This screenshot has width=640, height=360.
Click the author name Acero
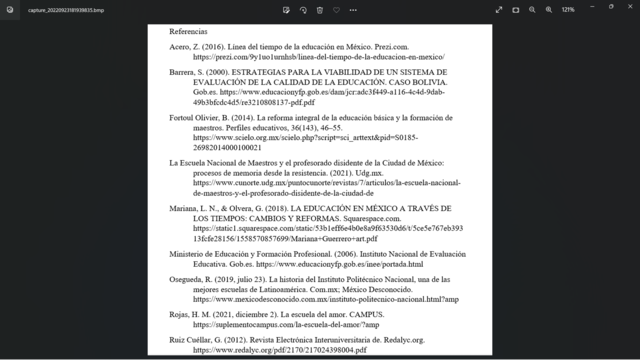coord(180,47)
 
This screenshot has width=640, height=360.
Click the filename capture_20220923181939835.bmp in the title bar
coord(58,9)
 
